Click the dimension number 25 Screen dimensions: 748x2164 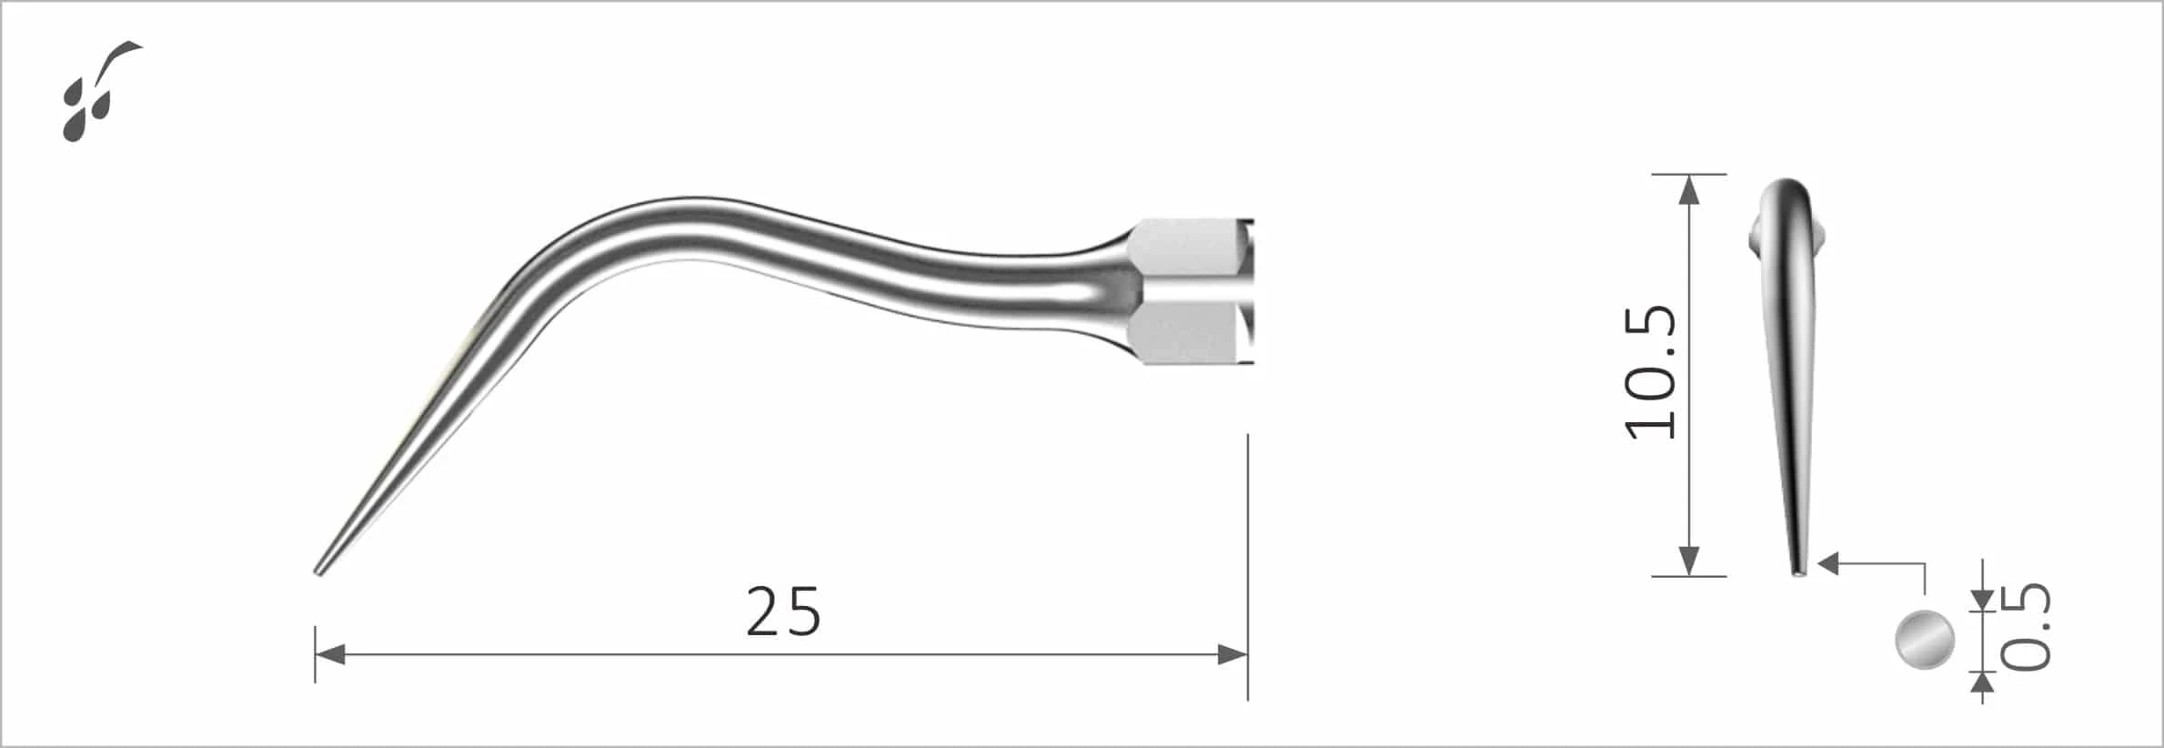tap(783, 612)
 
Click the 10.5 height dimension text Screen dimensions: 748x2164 tap(1651, 373)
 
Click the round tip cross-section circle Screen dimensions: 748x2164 tap(1925, 641)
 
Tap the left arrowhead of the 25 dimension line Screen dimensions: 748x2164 tap(328, 653)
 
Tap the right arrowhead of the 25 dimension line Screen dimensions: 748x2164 tap(1233, 653)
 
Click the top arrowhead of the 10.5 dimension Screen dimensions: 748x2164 tap(1688, 188)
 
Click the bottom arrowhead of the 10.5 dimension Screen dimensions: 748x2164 tap(1688, 561)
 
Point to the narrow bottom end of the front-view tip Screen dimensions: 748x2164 tap(1798, 572)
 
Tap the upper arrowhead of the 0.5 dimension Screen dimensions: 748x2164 tap(1982, 600)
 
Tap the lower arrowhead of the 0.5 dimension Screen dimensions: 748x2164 tap(1982, 683)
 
